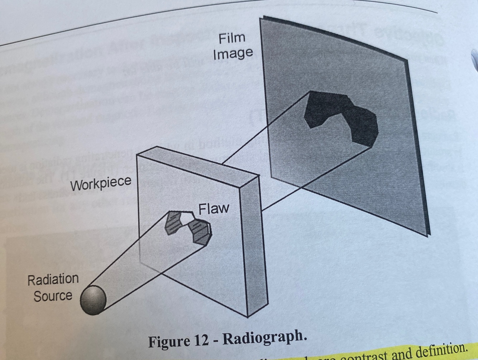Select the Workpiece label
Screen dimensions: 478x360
[x=101, y=184]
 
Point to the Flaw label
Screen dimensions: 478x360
[x=214, y=208]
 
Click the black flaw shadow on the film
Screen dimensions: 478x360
[x=340, y=115]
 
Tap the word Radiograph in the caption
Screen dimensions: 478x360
[x=265, y=338]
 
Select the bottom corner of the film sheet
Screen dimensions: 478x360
[x=427, y=235]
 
